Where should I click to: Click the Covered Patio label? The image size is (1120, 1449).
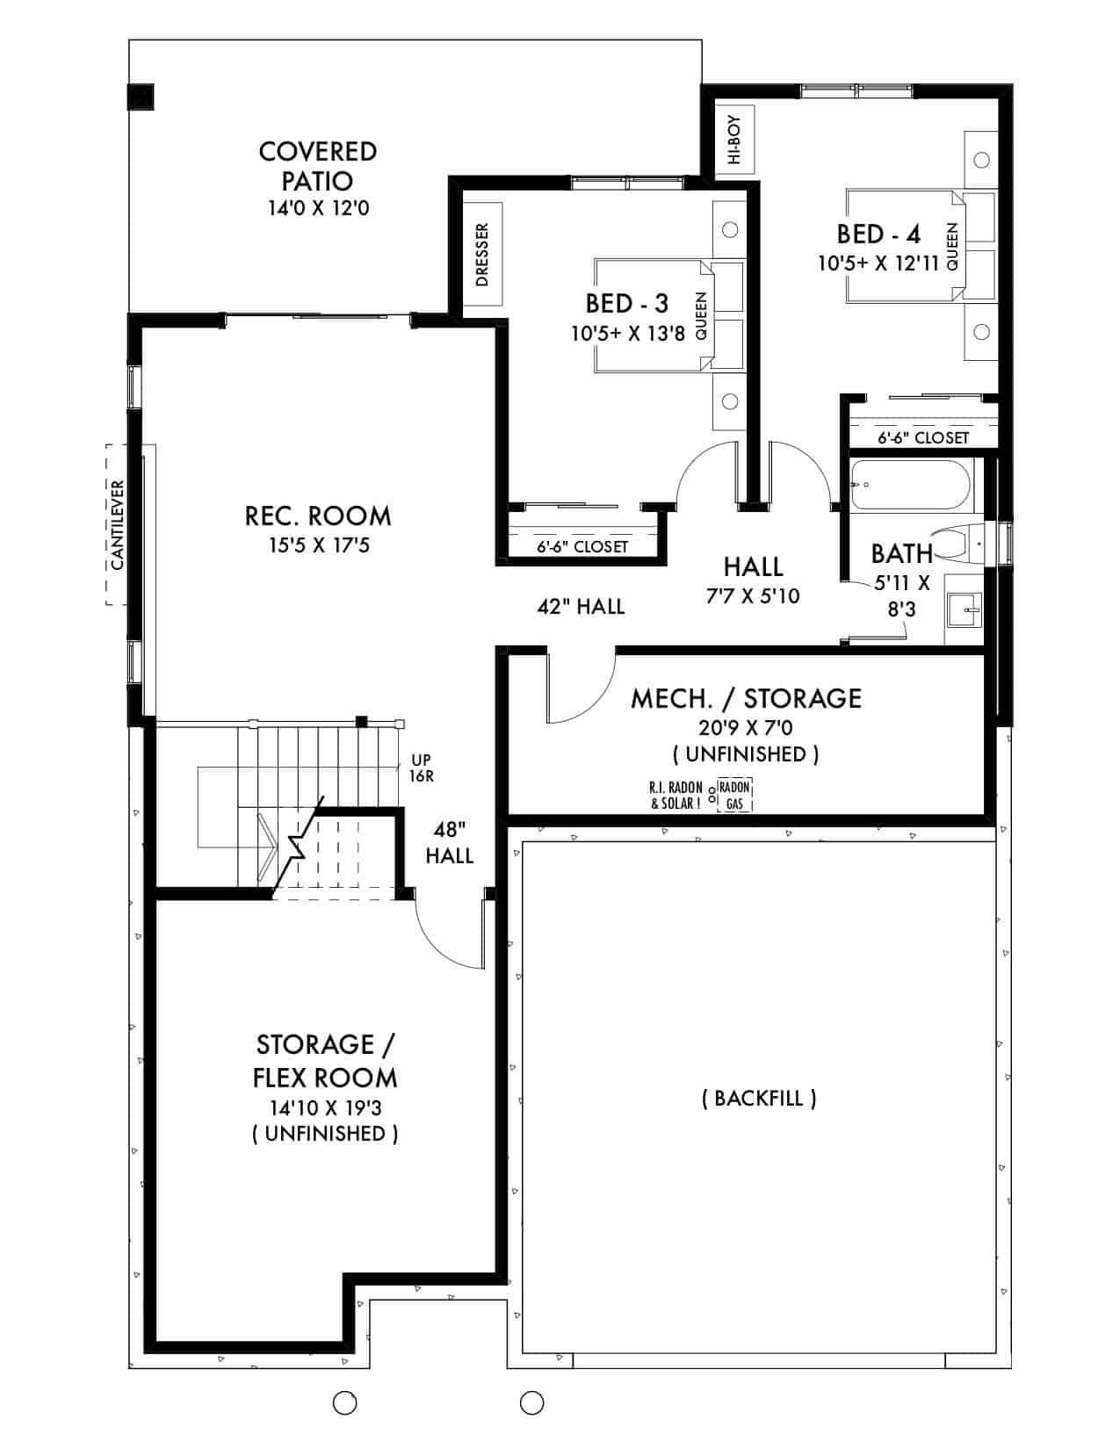tap(317, 165)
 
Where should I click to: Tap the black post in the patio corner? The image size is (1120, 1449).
tap(141, 97)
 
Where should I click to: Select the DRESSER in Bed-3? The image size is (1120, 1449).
tap(482, 255)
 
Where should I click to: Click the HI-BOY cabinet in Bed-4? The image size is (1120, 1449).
tap(735, 140)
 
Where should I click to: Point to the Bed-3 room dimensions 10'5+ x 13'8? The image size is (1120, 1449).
tap(626, 333)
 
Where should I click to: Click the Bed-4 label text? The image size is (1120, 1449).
tap(878, 234)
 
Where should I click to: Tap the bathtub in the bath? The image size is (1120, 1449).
tap(911, 485)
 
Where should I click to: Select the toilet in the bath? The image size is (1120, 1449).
tap(962, 545)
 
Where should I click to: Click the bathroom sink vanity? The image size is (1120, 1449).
tap(965, 609)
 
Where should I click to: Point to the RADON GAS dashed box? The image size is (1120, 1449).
tap(734, 795)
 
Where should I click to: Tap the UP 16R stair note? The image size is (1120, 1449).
tap(421, 768)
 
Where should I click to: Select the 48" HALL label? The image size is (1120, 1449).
tap(450, 842)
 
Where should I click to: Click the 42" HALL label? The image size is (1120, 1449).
tap(581, 606)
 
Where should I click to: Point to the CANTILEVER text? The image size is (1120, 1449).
tap(118, 525)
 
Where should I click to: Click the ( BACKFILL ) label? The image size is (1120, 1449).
tap(759, 1098)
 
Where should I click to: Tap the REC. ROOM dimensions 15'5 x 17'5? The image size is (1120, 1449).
tap(319, 545)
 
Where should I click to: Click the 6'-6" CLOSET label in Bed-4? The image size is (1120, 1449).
tap(923, 437)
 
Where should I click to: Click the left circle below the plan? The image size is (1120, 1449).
tap(345, 1403)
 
